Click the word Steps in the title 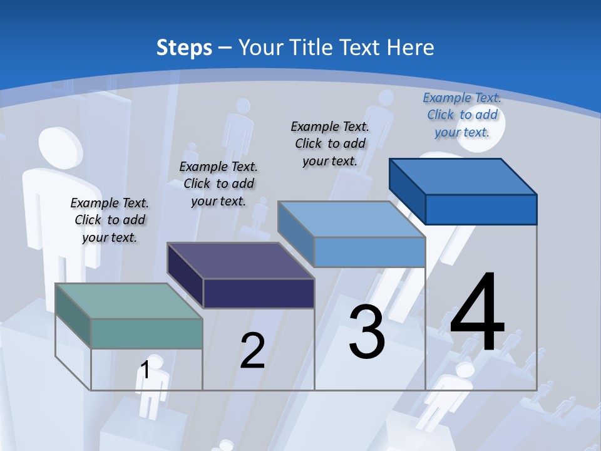coord(184,48)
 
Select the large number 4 coord(477,313)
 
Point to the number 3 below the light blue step coord(367,332)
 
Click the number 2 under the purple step coord(252,351)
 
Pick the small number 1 coord(145,370)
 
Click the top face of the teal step coord(128,301)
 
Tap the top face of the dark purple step coord(240,261)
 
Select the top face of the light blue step coord(351,220)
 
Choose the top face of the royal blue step coord(463,177)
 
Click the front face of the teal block coord(146,333)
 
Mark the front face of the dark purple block coord(259,293)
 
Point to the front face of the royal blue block coord(481,209)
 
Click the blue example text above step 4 coord(462,115)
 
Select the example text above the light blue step coord(330,143)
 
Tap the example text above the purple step coord(218,184)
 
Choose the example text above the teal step coord(110,220)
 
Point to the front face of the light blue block coord(369,252)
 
